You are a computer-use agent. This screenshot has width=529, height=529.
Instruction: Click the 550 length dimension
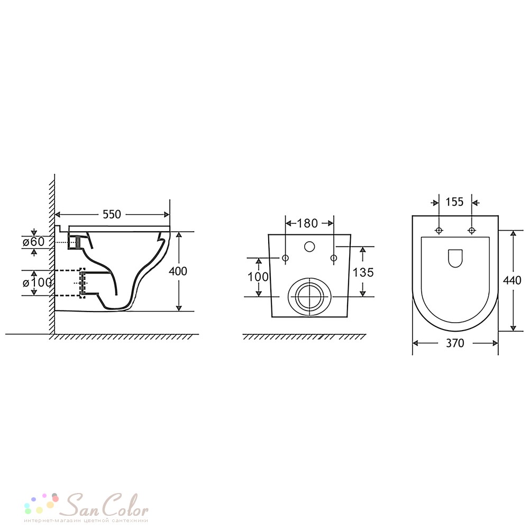pos(112,214)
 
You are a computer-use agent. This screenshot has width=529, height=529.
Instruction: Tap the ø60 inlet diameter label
pos(33,242)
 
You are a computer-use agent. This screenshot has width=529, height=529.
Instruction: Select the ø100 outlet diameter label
pos(37,282)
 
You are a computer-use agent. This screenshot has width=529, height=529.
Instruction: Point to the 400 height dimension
pos(178,271)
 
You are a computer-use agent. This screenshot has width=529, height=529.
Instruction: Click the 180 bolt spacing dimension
pos(307,223)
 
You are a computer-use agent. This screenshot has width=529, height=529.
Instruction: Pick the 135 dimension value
pos(363,272)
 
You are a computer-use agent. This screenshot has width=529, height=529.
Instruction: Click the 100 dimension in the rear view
pos(258,277)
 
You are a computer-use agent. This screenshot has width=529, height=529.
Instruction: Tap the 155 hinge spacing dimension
pos(454,202)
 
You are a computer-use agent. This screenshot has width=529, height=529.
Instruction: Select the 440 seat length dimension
pos(512,280)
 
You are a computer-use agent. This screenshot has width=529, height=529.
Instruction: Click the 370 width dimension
pos(455,343)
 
